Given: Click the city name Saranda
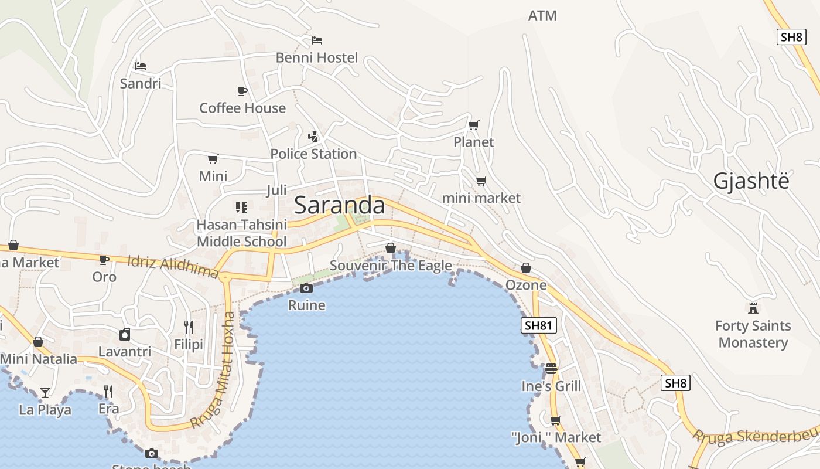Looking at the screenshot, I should tap(339, 205).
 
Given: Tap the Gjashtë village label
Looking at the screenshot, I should tap(751, 181).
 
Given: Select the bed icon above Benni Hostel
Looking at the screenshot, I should tap(317, 40).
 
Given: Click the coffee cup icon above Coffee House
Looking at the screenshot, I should tap(242, 91).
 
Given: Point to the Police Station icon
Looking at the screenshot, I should tap(313, 137).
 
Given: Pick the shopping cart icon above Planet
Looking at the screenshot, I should tap(474, 125).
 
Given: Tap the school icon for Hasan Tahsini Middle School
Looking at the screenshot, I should tap(241, 207).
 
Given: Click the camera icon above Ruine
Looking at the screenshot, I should tap(306, 288).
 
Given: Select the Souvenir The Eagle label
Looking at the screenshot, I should tap(391, 266).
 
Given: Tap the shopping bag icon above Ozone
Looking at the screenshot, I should tap(526, 268).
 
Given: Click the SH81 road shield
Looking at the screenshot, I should tap(538, 326).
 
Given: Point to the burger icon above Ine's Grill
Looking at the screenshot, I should tap(551, 369).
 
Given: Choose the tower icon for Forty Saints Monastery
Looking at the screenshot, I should tap(753, 308).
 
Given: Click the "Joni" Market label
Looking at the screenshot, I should tap(556, 437).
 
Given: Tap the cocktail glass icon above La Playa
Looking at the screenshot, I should tap(45, 392).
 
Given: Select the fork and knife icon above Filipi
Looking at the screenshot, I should tap(189, 327).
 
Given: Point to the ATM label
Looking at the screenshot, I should tap(542, 16).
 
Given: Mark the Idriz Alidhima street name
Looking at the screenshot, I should tap(173, 267).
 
